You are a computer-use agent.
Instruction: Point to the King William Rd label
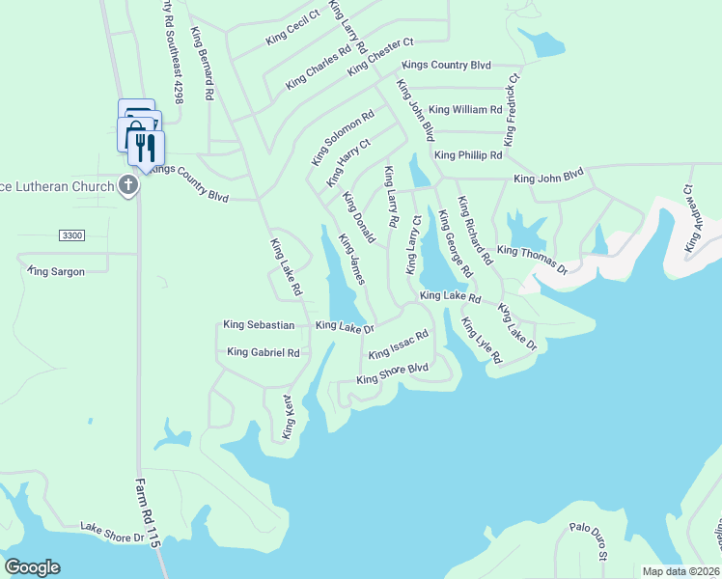coord(465,110)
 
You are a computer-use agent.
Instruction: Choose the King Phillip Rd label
coord(468,154)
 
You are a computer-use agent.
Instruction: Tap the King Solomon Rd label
coord(342,138)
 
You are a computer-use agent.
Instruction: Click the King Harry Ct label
coord(347,162)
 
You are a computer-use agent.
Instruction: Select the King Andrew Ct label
coord(690,220)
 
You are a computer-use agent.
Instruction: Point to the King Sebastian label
coord(259,325)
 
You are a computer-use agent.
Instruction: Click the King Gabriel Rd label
coord(264,352)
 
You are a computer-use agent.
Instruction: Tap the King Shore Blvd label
coord(392,373)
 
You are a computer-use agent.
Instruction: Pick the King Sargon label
coord(57,271)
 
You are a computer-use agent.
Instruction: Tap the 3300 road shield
coord(71,235)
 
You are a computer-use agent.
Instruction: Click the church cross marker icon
coord(129,185)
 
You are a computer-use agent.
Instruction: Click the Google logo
coord(32,566)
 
